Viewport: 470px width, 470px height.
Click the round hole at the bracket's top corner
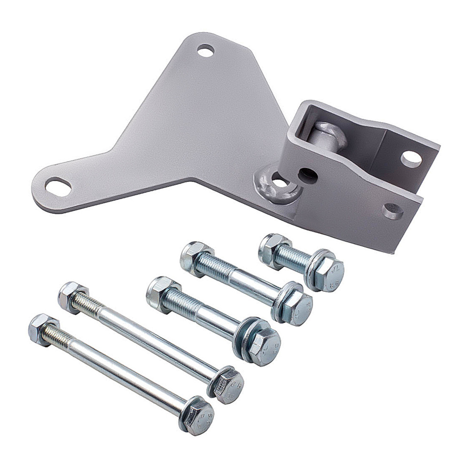(205, 50)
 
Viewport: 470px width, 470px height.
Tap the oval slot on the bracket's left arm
(58, 187)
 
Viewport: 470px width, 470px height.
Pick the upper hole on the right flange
(411, 159)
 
